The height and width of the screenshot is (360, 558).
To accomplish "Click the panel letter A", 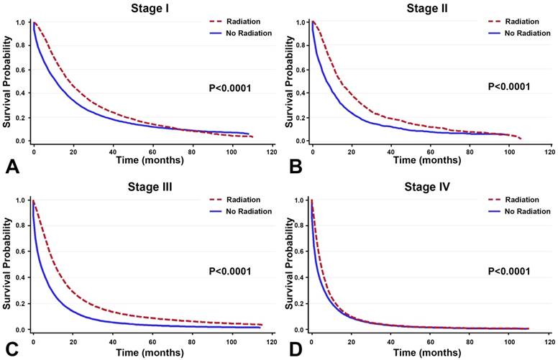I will [x=12, y=168].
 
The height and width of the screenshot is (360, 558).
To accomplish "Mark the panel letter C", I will [x=12, y=349].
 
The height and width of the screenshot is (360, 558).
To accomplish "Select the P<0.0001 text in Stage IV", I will [x=509, y=271].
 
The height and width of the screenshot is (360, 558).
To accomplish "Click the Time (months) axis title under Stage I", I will [x=151, y=160].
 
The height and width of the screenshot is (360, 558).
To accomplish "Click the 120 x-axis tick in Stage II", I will [x=549, y=153].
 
